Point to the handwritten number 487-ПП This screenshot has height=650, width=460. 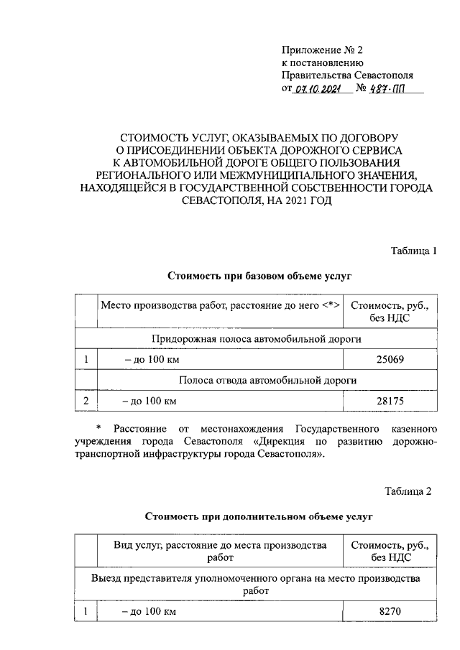pos(385,89)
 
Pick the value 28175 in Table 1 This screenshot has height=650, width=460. pos(389,400)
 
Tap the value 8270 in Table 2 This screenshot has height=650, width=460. pos(389,612)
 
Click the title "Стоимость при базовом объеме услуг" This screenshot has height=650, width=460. pos(259,275)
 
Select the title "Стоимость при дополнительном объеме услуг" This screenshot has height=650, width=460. pos(259,516)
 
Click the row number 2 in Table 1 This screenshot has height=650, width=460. pos(86,400)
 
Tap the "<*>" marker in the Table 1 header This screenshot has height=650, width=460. pos(331,305)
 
